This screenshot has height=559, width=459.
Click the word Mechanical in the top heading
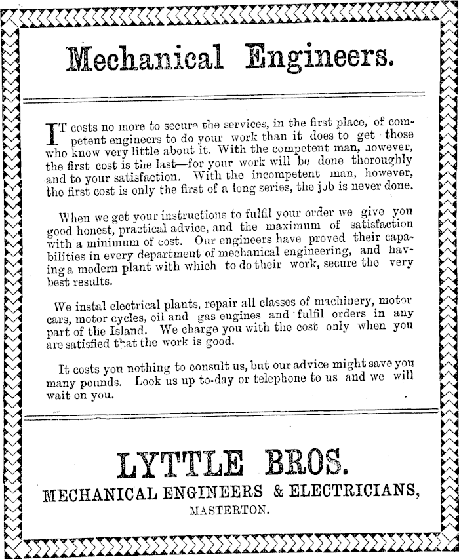(x=144, y=60)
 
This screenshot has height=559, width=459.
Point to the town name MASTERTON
(x=229, y=511)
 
